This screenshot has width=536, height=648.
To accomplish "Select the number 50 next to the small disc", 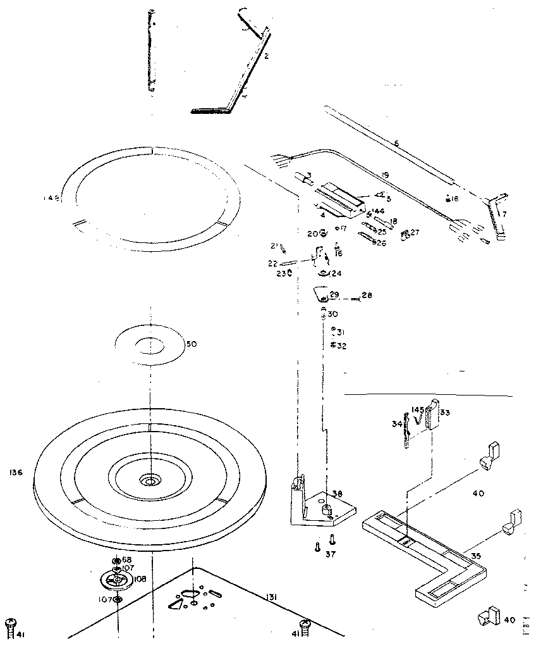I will pyautogui.click(x=191, y=344).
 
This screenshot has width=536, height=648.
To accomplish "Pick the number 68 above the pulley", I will pyautogui.click(x=126, y=560).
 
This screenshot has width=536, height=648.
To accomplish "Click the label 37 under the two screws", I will pyautogui.click(x=331, y=555).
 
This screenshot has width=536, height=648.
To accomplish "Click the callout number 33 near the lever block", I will pyautogui.click(x=445, y=413).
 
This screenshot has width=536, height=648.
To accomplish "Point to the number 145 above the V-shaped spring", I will pyautogui.click(x=417, y=410).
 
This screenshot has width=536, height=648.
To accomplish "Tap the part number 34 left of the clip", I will pyautogui.click(x=396, y=423).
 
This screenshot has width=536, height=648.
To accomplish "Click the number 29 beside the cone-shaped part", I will pyautogui.click(x=334, y=296).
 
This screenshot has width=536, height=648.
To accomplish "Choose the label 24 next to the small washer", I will pyautogui.click(x=336, y=274).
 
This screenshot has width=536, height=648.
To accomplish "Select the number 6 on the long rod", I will pyautogui.click(x=396, y=144).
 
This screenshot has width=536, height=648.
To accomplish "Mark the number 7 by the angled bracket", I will pyautogui.click(x=504, y=214).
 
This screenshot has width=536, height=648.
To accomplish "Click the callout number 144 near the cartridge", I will pyautogui.click(x=378, y=211).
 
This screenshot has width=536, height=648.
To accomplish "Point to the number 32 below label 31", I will pyautogui.click(x=341, y=346).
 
